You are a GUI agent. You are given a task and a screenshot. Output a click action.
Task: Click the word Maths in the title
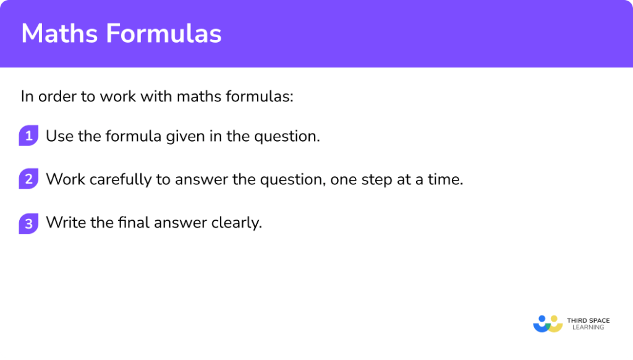click(59, 34)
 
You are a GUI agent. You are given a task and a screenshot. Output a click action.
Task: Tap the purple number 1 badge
click(28, 135)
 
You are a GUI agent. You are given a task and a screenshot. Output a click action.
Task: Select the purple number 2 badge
click(28, 179)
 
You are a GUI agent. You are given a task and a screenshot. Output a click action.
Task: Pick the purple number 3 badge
click(28, 223)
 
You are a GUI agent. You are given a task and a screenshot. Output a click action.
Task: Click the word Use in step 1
click(59, 136)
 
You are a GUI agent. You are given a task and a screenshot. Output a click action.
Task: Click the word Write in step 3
click(65, 223)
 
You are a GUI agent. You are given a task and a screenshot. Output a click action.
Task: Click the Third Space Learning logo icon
click(548, 323)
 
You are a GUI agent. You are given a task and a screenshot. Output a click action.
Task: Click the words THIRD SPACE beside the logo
click(588, 320)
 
